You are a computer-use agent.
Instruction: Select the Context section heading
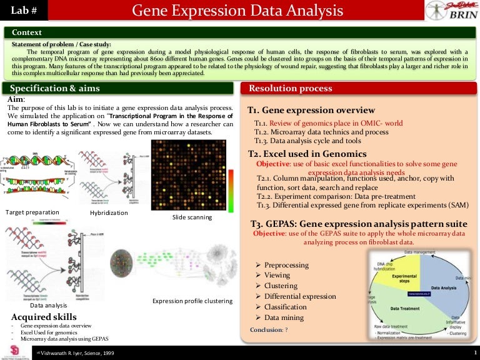point(27,32)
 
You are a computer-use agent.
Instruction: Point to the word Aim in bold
point(16,99)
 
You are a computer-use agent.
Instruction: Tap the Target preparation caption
point(32,212)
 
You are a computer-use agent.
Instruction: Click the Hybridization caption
point(109,213)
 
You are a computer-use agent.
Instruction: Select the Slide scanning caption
point(191,217)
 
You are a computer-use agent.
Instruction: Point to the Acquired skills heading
point(44,317)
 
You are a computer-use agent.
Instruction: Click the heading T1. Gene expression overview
point(311,111)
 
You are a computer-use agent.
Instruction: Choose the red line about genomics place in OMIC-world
point(328,122)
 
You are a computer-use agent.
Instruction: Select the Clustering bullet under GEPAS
point(281,286)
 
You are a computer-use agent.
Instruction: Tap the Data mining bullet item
point(283,317)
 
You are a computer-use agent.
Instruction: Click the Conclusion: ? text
point(269,329)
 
